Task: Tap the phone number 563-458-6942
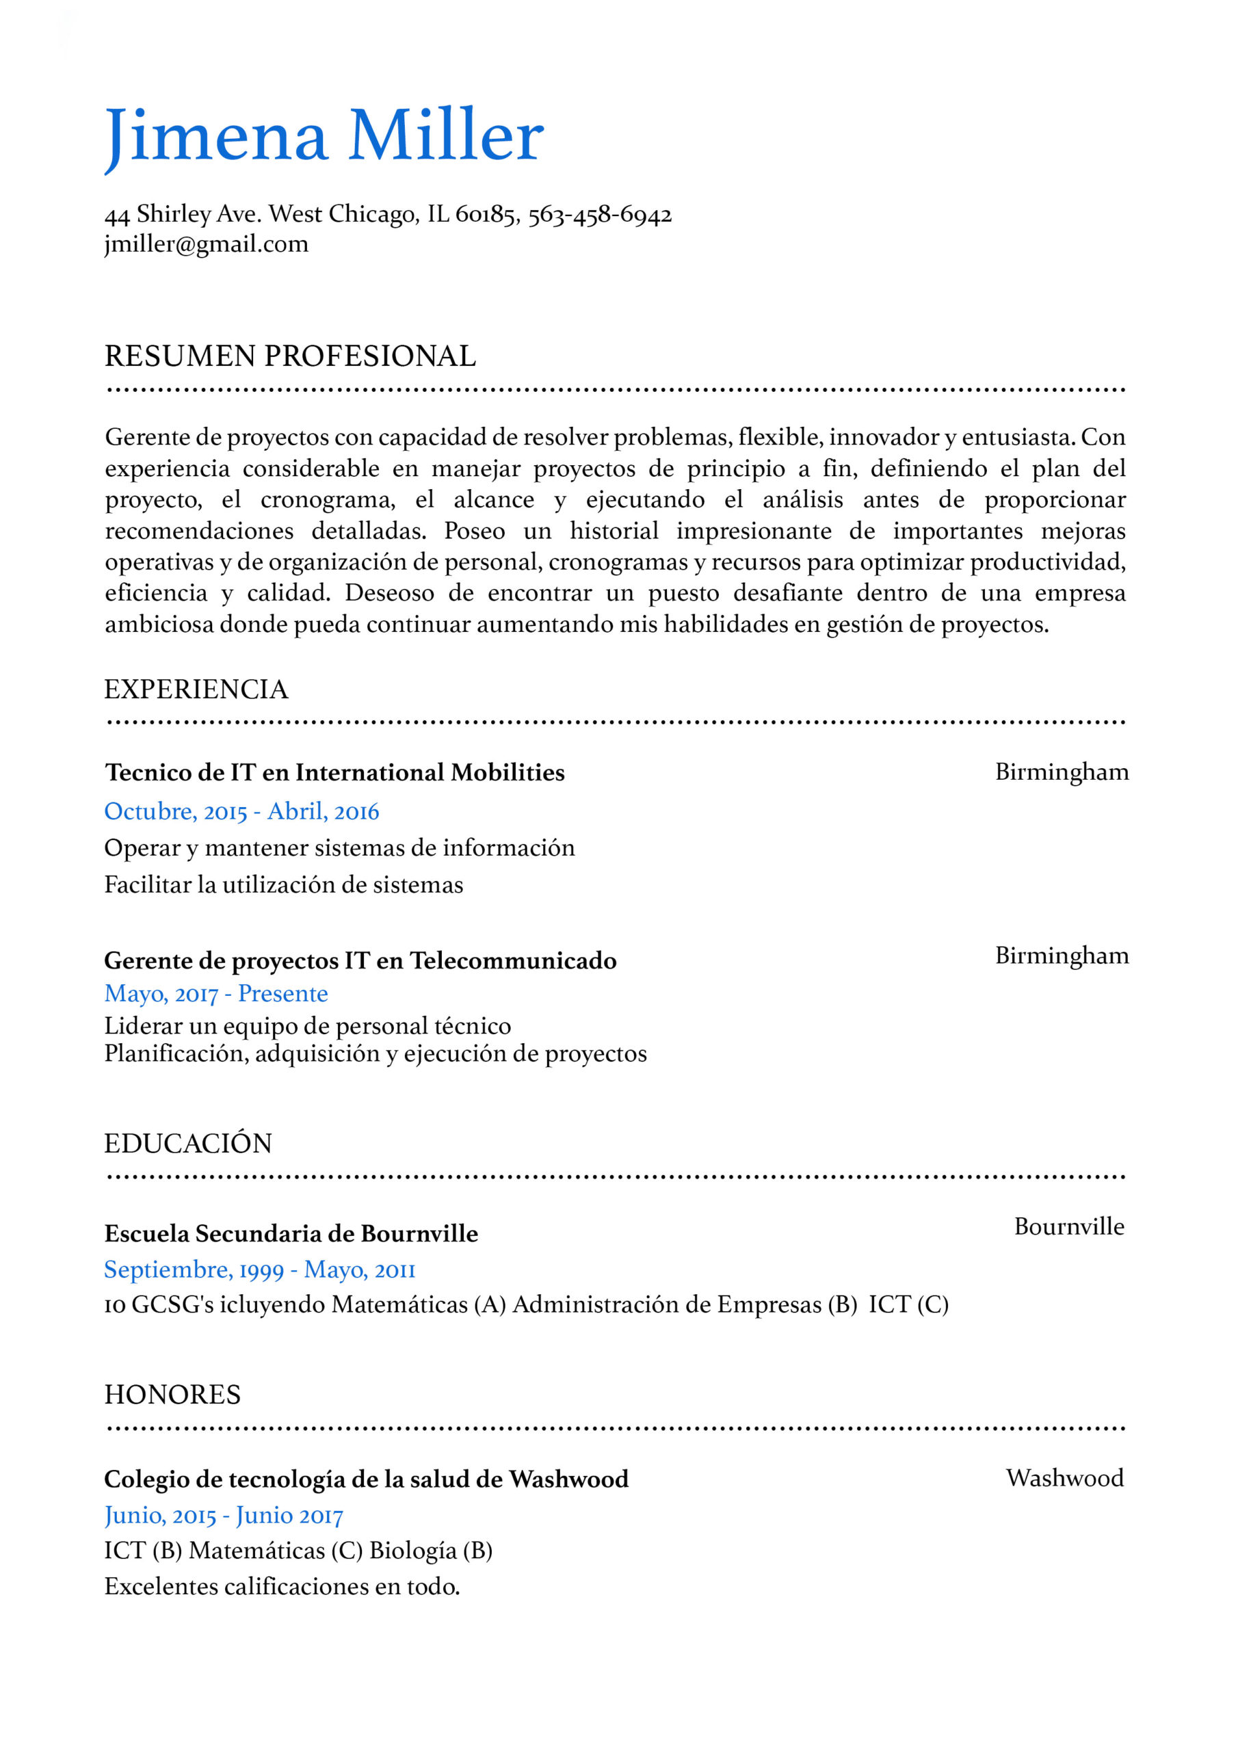[600, 214]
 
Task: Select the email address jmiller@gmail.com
[206, 244]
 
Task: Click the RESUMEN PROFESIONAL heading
[290, 356]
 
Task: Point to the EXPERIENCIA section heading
[196, 689]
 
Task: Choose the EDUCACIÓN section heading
[187, 1144]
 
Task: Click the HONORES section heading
[172, 1395]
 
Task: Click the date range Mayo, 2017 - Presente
[216, 994]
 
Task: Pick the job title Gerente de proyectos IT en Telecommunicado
[360, 960]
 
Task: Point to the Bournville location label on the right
[1068, 1226]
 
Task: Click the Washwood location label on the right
[1064, 1478]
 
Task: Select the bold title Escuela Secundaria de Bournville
[291, 1234]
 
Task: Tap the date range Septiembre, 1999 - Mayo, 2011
[259, 1269]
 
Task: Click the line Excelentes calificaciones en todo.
[282, 1586]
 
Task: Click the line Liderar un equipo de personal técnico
[307, 1026]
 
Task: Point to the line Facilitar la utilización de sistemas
[284, 884]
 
